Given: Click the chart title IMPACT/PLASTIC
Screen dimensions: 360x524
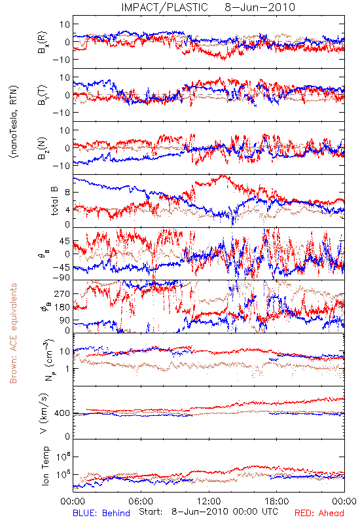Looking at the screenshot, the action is (x=164, y=7).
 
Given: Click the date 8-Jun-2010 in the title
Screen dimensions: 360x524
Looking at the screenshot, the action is (x=260, y=7).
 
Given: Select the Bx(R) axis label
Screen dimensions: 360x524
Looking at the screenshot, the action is (x=43, y=43).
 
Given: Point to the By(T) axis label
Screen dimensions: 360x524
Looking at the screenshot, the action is (x=43, y=95).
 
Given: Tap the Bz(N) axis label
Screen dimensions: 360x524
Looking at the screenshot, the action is (x=43, y=148).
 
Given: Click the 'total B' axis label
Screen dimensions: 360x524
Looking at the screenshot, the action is (x=54, y=201).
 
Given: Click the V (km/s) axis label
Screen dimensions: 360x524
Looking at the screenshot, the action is (x=44, y=413).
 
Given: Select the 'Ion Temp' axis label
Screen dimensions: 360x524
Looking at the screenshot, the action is (x=45, y=466).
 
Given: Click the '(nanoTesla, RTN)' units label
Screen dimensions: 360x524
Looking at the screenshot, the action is (x=14, y=122).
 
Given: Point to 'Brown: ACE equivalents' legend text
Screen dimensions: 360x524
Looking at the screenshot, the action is (x=13, y=333).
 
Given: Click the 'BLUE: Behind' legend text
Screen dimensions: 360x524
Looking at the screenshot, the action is (x=101, y=513).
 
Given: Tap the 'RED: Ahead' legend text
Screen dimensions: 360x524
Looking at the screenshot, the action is (x=319, y=513).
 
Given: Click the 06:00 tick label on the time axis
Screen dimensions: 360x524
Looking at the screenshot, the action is (x=141, y=501).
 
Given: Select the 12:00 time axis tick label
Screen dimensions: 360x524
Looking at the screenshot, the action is (x=209, y=501).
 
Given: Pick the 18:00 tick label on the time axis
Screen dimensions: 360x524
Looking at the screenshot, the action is (x=277, y=501).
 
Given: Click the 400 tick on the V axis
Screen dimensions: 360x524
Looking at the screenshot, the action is (x=62, y=413).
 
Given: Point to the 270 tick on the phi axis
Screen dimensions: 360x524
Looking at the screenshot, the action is (x=62, y=293).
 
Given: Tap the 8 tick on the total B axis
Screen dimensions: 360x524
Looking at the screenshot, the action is (x=67, y=193).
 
